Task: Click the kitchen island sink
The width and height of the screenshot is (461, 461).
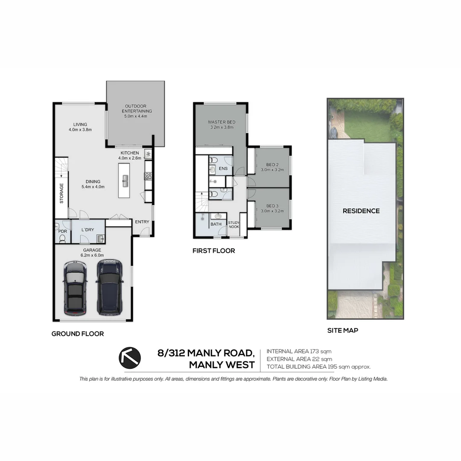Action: click(x=125, y=181)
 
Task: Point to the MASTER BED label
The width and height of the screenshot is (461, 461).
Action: click(x=222, y=122)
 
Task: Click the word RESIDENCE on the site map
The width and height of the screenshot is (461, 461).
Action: click(x=361, y=211)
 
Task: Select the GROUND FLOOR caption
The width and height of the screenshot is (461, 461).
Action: click(x=78, y=334)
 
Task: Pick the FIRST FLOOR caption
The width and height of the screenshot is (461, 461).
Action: click(x=213, y=251)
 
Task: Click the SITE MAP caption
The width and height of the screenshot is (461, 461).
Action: click(x=342, y=330)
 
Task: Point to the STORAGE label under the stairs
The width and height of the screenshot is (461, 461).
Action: click(x=61, y=193)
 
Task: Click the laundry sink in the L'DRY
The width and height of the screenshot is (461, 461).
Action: click(x=100, y=238)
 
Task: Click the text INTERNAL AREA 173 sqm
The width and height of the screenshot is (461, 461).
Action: click(x=299, y=351)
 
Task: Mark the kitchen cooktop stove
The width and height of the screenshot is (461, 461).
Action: click(x=148, y=175)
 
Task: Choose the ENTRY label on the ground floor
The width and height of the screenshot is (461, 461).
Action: click(x=142, y=222)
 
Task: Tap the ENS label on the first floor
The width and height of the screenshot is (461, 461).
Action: click(x=223, y=169)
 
